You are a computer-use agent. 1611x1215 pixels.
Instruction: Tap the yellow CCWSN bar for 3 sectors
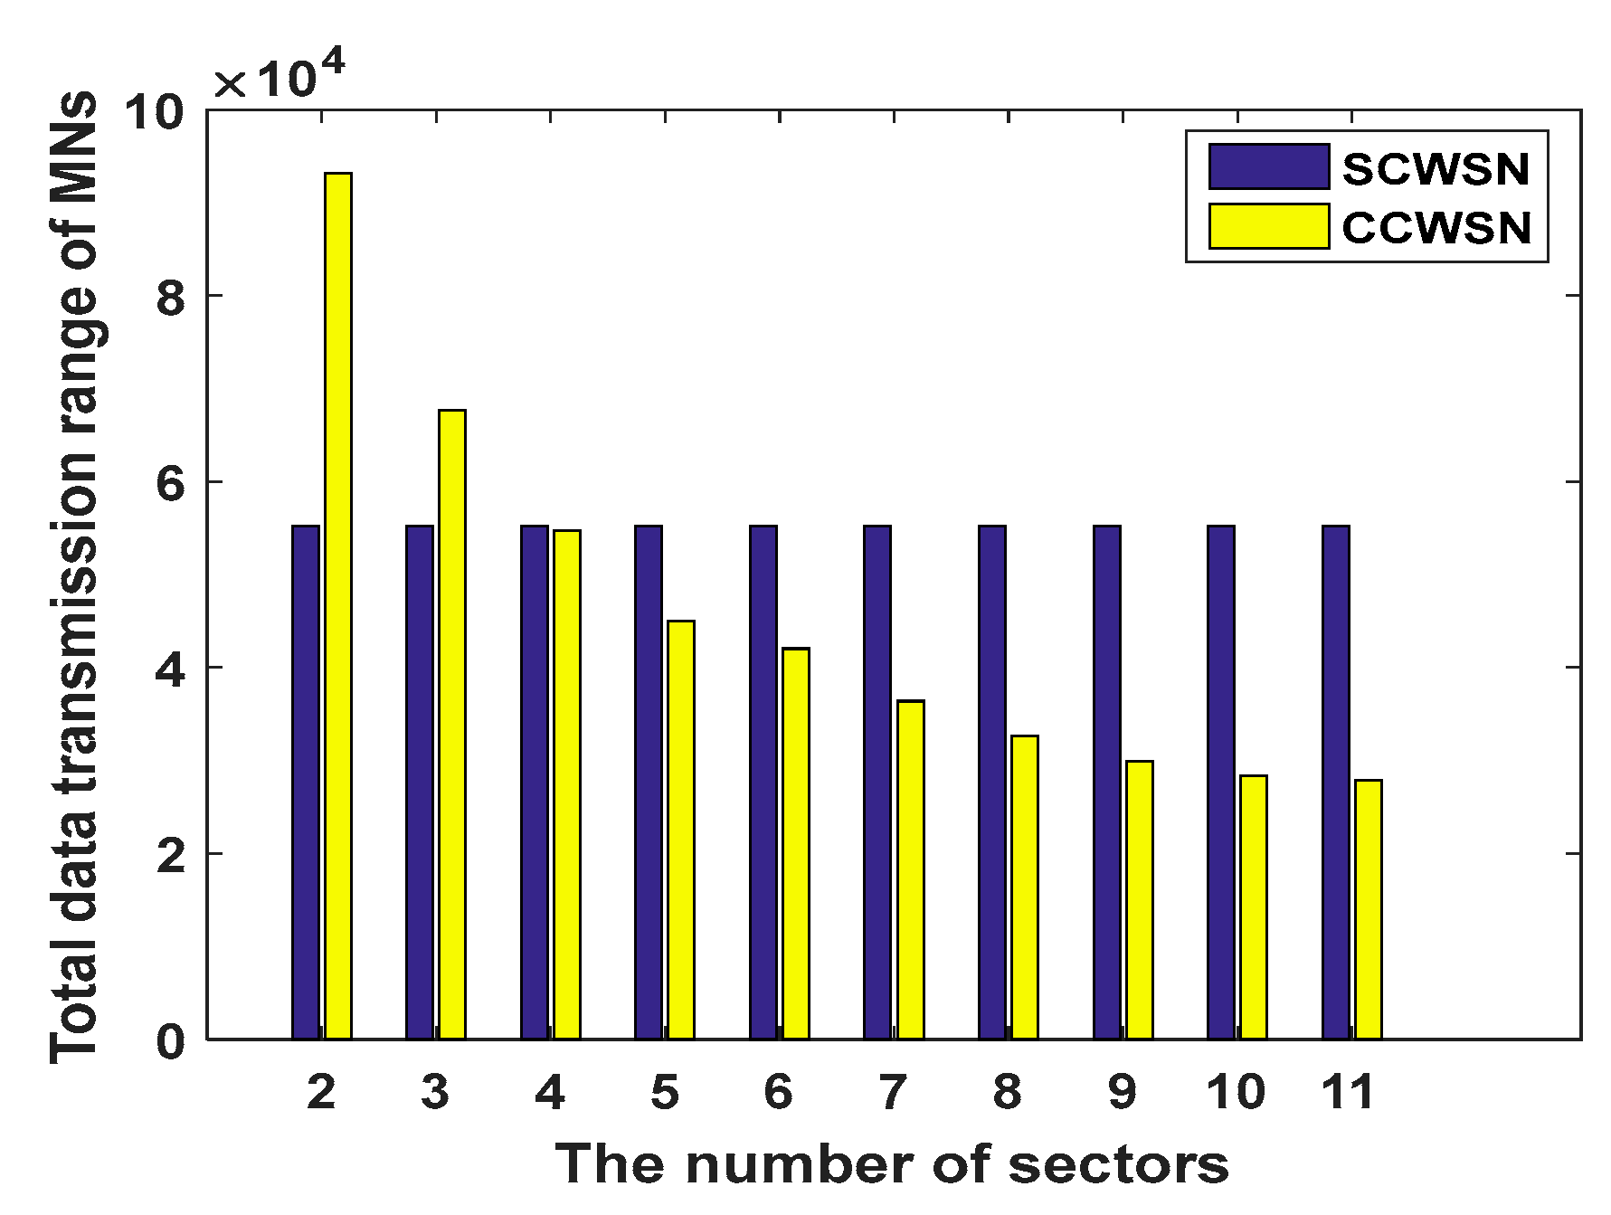(452, 724)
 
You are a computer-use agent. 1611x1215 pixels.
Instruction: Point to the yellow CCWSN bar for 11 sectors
(1369, 908)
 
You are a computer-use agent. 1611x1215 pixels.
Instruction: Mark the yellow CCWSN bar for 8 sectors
(1025, 887)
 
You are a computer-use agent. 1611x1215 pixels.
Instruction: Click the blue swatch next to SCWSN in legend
(1269, 167)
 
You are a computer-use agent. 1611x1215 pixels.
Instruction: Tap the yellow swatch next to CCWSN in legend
(1269, 226)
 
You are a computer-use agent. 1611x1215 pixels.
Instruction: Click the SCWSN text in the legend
(1436, 169)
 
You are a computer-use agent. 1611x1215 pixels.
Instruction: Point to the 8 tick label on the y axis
(171, 297)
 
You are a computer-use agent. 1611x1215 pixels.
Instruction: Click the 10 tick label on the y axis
(154, 112)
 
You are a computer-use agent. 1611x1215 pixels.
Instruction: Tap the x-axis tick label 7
(893, 1093)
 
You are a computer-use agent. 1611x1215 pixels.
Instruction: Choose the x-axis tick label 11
(1348, 1093)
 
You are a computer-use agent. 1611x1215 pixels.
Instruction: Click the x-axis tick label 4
(550, 1093)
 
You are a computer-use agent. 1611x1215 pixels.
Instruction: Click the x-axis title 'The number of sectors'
(892, 1163)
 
